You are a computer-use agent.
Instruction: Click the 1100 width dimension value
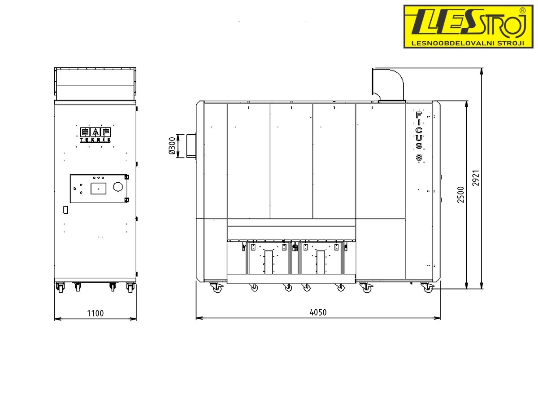point(95,313)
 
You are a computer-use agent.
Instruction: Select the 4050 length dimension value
point(318,312)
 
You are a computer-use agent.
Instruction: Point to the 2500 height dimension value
point(461,195)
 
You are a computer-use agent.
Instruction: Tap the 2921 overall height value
point(476,178)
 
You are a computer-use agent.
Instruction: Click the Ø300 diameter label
point(172,146)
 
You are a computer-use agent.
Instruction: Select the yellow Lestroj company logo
point(469,26)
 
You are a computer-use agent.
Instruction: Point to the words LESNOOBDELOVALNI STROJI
point(468,44)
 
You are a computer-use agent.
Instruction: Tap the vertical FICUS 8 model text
point(419,136)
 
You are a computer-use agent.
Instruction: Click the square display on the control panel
point(99,189)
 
